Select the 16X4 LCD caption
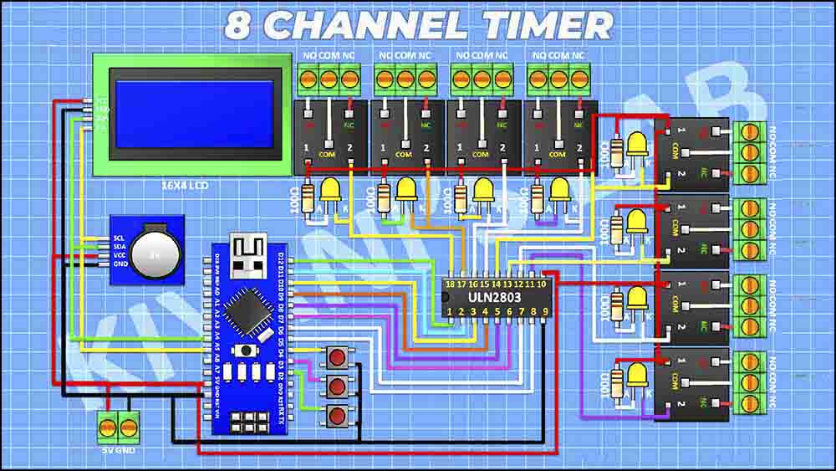tap(189, 185)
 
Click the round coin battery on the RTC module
tap(155, 253)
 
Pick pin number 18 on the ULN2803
tap(451, 285)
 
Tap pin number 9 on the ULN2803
tap(544, 313)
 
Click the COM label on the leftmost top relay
tap(329, 155)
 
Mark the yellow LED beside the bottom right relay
tap(637, 376)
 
